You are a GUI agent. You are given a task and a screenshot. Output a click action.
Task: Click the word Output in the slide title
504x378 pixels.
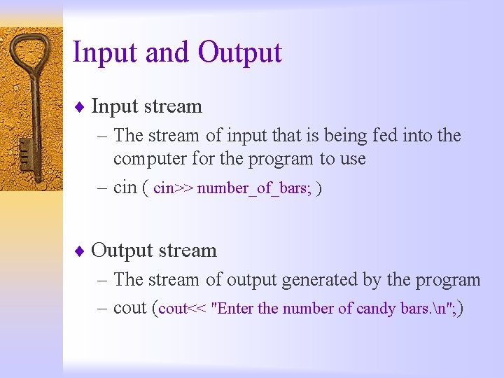239,53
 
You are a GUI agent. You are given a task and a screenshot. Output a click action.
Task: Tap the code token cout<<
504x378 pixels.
183,309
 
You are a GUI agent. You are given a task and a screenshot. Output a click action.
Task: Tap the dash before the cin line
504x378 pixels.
101,188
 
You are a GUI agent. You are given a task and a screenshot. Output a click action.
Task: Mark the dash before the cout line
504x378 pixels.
101,309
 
